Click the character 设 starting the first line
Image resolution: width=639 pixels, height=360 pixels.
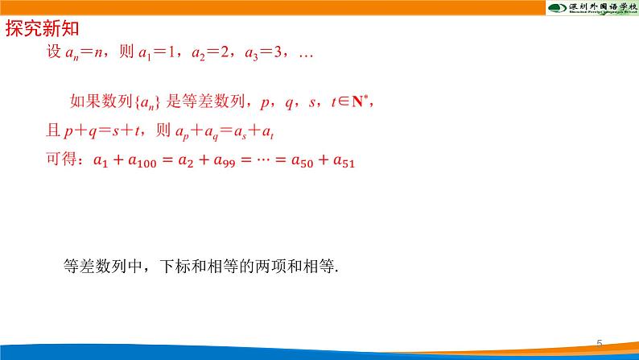click(55, 56)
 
